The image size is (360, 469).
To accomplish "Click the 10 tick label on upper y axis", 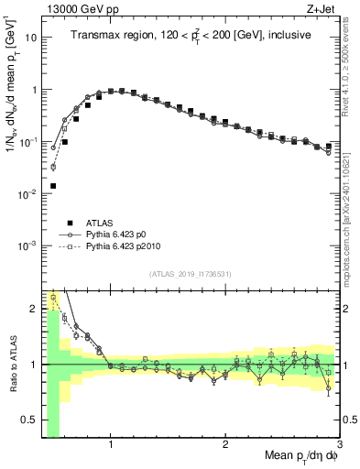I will (29, 38).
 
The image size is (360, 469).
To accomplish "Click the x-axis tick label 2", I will (225, 447).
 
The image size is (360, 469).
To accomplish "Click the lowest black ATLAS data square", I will (53, 186).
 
